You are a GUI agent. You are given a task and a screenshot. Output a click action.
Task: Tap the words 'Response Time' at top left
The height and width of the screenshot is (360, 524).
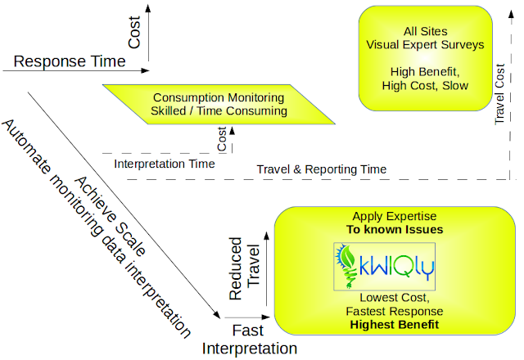pyautogui.click(x=70, y=61)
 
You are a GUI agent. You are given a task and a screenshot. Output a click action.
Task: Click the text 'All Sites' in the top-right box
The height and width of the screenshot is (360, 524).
pyautogui.click(x=425, y=30)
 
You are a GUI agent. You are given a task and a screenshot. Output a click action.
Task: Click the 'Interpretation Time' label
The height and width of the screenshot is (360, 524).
pyautogui.click(x=165, y=164)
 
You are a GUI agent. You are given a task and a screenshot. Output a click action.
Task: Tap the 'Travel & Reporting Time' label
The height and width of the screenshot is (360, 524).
pyautogui.click(x=321, y=169)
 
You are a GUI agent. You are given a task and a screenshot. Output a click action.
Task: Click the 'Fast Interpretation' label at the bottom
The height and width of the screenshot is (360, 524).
pyautogui.click(x=247, y=340)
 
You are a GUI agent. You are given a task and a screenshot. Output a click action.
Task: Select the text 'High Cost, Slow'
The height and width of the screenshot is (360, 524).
pyautogui.click(x=425, y=85)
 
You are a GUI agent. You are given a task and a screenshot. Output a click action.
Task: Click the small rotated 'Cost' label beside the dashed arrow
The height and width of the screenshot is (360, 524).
pyautogui.click(x=223, y=139)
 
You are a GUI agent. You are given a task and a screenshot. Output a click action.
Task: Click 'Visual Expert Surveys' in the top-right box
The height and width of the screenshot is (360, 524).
pyautogui.click(x=425, y=44)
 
